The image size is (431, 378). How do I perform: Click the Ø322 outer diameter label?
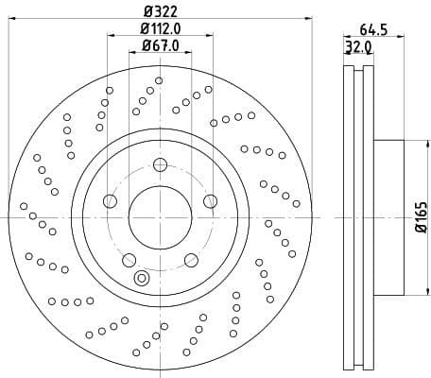point(161,10)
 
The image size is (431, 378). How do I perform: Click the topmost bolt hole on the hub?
point(160,166)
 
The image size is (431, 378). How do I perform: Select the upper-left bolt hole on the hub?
point(110,201)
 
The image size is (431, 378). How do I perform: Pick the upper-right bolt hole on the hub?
point(210,200)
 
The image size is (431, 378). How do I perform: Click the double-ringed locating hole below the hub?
point(143,278)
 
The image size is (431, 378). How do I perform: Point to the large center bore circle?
point(160,217)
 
